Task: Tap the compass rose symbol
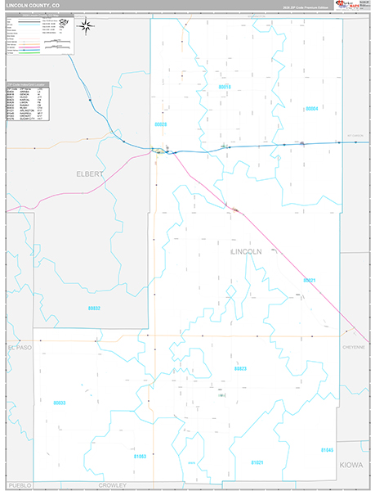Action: click(85, 27)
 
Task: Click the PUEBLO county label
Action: click(20, 484)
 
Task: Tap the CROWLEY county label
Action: click(114, 484)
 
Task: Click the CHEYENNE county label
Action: click(354, 347)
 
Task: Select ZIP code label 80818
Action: click(225, 86)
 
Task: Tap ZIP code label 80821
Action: click(309, 280)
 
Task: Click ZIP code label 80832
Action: click(94, 308)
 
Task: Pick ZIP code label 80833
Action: click(60, 403)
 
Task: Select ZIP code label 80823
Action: click(240, 368)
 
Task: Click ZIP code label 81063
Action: click(140, 456)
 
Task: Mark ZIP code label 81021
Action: click(257, 462)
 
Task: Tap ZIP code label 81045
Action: click(327, 450)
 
